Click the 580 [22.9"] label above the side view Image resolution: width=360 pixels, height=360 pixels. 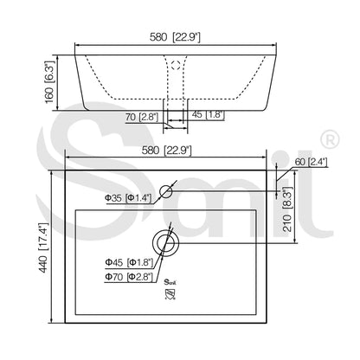coord(175,37)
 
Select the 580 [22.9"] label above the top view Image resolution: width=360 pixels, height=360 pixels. coord(167,151)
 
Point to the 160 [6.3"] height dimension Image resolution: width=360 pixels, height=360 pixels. coord(49,82)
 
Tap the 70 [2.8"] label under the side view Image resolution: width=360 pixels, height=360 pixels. coord(142,117)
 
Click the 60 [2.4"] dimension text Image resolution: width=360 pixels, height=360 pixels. coord(312,162)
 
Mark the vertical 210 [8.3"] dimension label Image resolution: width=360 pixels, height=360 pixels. coord(287,209)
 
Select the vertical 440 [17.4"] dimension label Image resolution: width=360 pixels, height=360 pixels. coord(42,247)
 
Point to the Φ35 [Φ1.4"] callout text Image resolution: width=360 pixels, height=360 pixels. coord(128,198)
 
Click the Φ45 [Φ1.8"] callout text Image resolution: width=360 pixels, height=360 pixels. coord(129,262)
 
